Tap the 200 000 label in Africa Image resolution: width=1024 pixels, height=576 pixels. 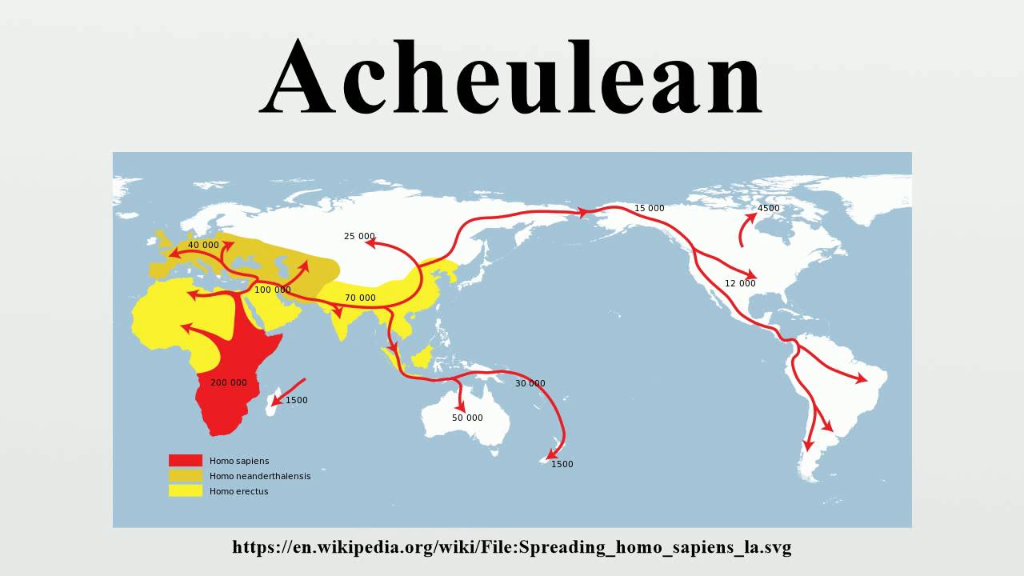(229, 382)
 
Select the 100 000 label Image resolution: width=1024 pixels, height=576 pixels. (273, 290)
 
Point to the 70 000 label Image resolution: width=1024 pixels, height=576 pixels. (360, 298)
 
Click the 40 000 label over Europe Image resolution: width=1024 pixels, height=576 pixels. (203, 245)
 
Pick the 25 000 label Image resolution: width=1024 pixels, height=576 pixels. (359, 236)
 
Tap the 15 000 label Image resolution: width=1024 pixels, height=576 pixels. (649, 208)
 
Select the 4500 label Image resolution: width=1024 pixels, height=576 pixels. (768, 208)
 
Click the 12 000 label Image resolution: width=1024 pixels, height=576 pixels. (740, 283)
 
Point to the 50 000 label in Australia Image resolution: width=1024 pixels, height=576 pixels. (467, 418)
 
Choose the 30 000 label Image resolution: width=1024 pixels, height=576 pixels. (530, 383)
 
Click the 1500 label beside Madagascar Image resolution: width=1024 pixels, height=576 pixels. (296, 400)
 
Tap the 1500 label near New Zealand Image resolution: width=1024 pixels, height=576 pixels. (562, 464)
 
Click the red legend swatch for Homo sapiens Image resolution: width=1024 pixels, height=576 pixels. (185, 461)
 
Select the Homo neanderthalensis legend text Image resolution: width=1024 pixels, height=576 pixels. (260, 476)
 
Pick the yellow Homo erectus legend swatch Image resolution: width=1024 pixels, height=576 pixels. (185, 491)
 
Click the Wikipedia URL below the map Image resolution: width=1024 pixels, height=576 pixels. (511, 548)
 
